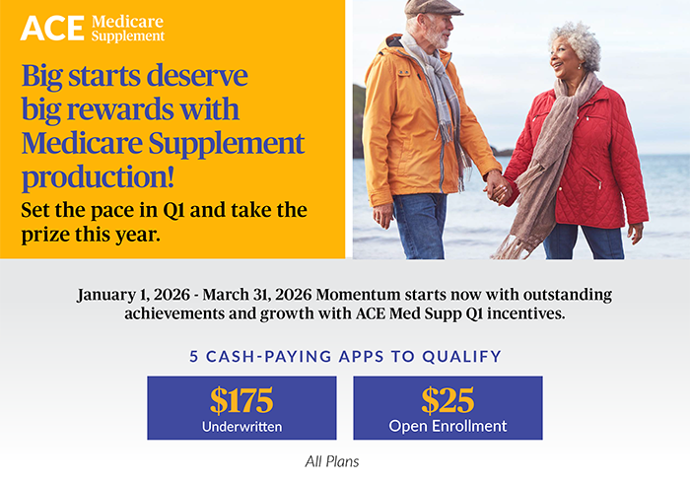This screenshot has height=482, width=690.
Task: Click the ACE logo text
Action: (52, 28)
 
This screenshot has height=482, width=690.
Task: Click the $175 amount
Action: (241, 400)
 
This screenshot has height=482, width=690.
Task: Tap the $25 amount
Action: (448, 400)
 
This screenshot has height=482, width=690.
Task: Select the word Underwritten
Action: (241, 426)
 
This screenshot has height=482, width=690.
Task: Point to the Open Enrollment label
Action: (448, 426)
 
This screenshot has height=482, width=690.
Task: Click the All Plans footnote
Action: (333, 460)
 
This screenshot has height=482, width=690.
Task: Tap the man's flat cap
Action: (435, 7)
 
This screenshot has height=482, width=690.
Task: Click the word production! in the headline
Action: (99, 177)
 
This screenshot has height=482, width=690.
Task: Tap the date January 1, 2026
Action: (135, 295)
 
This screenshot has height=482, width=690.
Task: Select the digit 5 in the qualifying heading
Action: (195, 356)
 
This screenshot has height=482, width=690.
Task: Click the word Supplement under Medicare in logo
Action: (128, 36)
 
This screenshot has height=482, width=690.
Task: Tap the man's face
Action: (438, 30)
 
